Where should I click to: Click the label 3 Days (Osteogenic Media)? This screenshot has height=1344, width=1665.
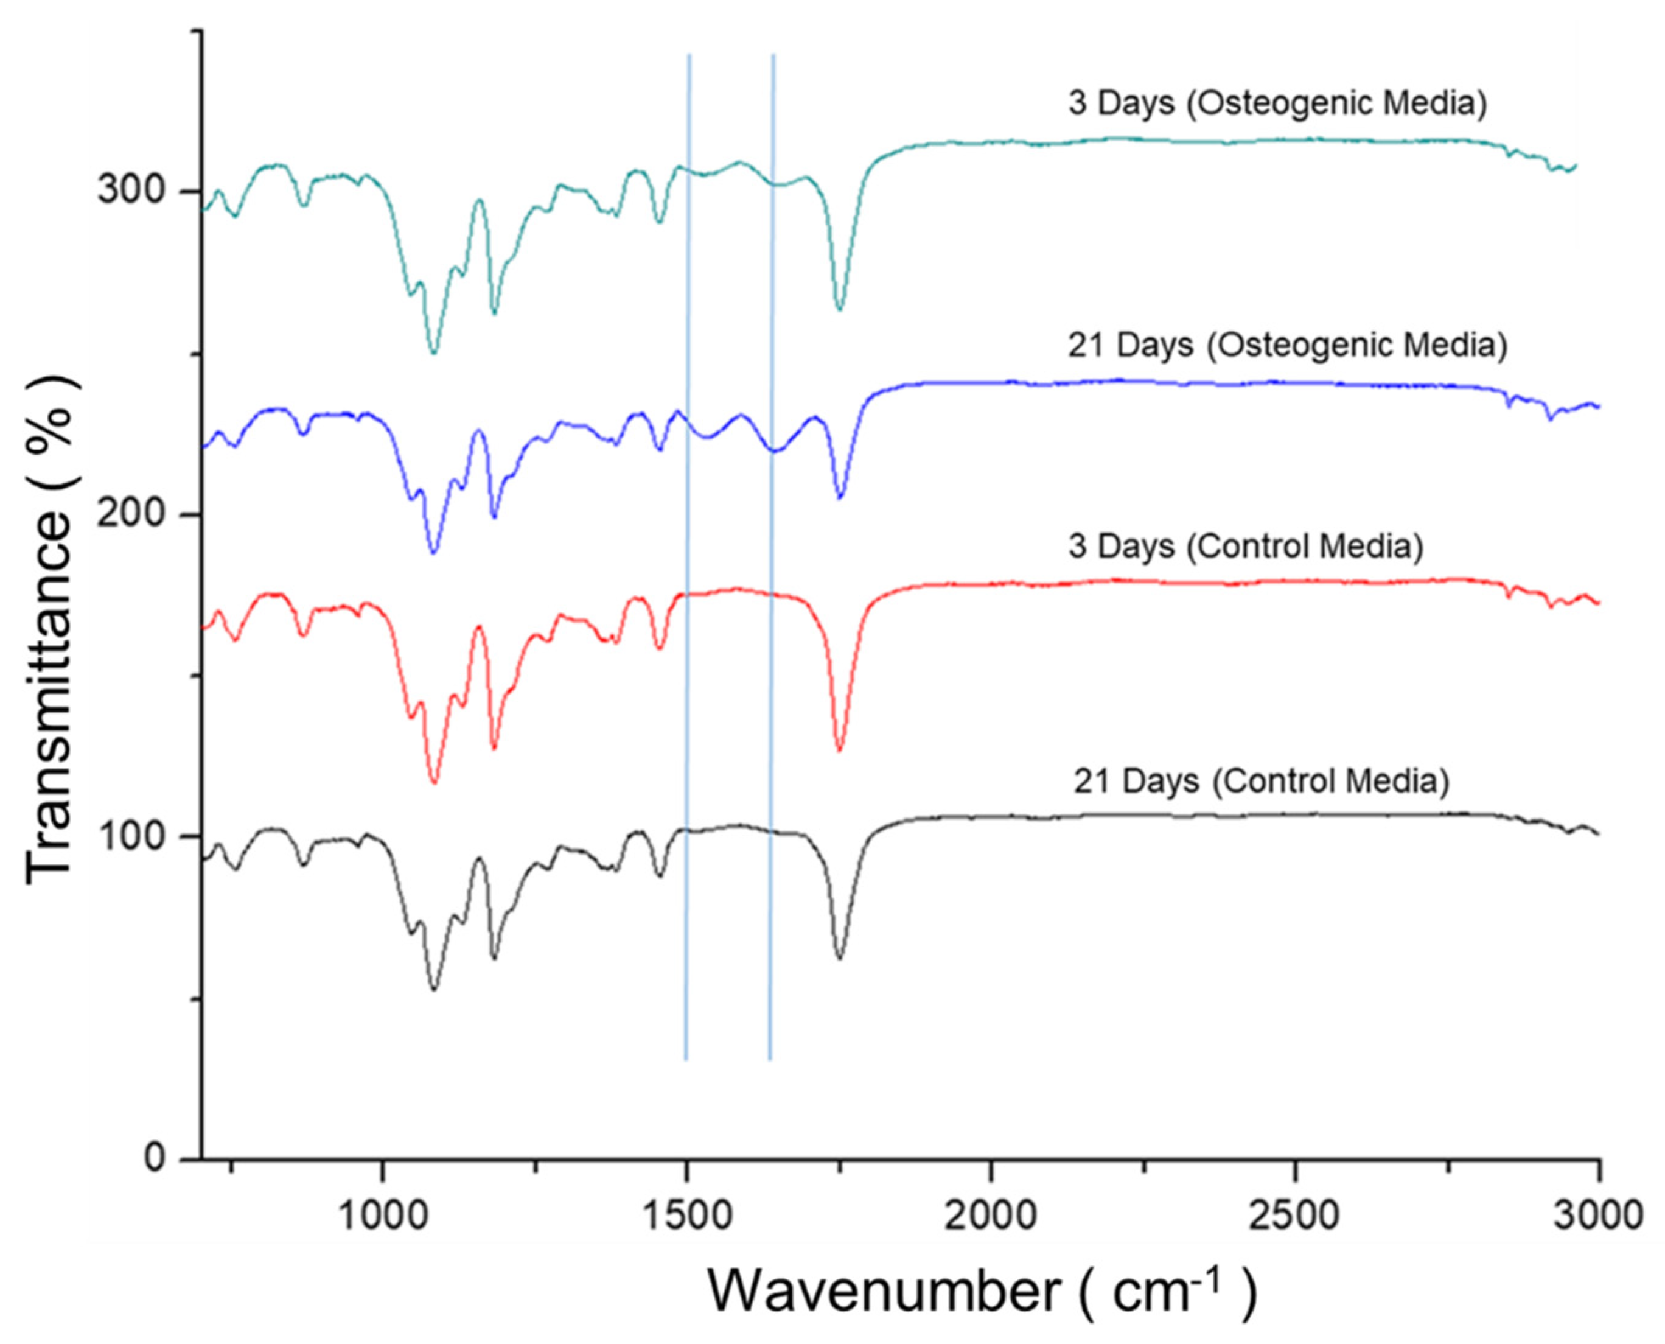(1277, 103)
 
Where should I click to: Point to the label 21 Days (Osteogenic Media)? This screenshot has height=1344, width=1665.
(1287, 345)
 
